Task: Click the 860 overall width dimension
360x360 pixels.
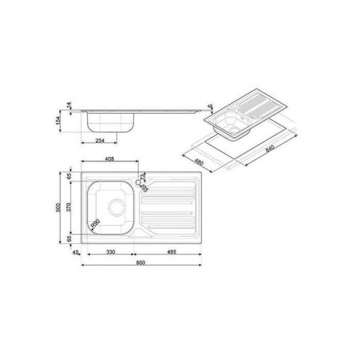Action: click(141, 261)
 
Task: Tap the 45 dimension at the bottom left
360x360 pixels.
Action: click(77, 251)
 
